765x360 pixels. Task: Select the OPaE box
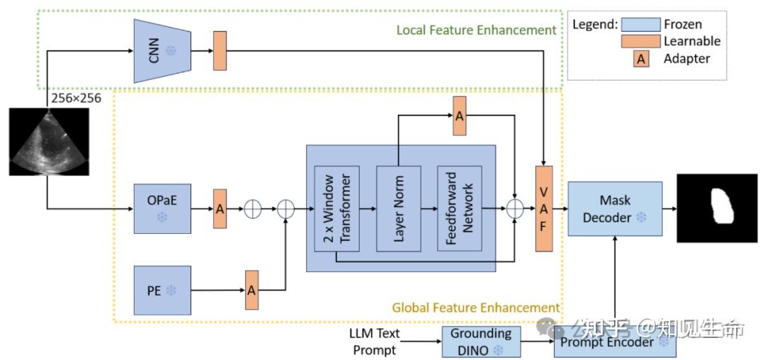162,208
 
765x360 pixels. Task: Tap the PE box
162,291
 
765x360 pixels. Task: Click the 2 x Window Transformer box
337,209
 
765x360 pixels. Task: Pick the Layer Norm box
399,209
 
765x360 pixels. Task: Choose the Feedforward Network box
460,209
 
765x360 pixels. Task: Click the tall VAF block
544,209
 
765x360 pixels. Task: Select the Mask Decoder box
615,208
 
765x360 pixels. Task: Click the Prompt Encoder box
616,342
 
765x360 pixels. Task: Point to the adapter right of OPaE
220,209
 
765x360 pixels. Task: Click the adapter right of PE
251,290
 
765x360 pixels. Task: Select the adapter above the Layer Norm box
459,116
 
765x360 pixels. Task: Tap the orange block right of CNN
220,51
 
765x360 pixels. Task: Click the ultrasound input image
49,142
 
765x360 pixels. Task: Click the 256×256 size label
76,98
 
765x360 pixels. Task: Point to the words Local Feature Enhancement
476,30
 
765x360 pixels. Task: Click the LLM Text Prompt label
375,342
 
